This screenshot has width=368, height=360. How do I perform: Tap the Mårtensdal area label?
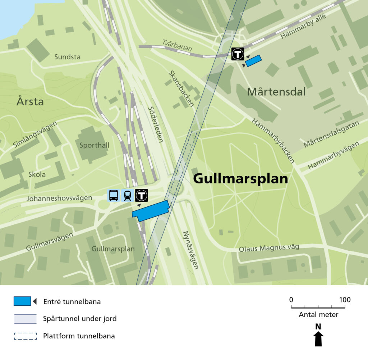point(276,92)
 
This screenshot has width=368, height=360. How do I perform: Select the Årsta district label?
point(30,102)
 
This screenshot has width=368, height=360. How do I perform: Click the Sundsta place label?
point(68,57)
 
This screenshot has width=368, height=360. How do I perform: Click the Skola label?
point(37,174)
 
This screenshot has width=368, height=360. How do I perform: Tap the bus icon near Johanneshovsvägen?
point(113,195)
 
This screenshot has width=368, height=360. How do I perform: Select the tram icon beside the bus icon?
point(127,195)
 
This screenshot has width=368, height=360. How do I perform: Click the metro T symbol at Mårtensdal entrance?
point(238,54)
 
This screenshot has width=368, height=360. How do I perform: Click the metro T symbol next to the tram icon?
point(142,195)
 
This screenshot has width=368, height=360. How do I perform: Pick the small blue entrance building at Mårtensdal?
point(253,61)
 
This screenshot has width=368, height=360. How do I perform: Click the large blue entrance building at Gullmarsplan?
point(151,211)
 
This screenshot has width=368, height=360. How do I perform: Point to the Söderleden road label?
point(156,124)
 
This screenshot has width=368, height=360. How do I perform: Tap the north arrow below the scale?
point(318,336)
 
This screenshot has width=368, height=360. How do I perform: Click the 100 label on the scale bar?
point(345,300)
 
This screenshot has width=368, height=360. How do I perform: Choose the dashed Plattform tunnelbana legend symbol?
point(26,336)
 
